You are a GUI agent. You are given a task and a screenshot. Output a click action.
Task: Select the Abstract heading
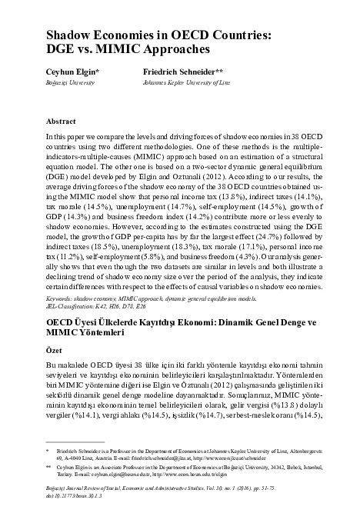[x=61, y=122]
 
